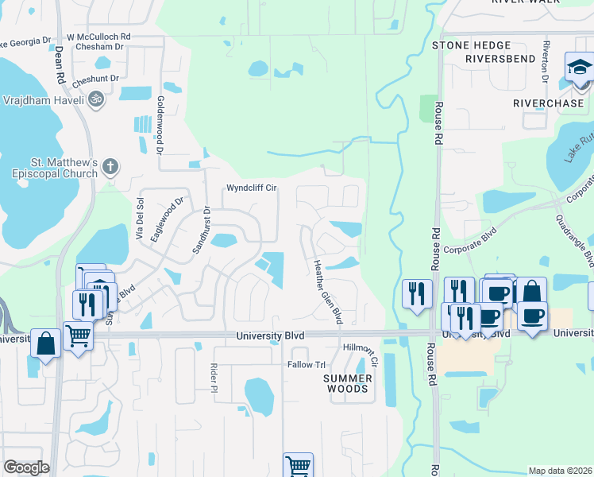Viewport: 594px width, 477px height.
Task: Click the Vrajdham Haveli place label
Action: click(x=42, y=101)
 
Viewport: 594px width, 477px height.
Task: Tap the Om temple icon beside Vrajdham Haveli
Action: click(x=97, y=100)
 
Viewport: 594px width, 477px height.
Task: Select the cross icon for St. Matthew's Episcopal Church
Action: click(x=110, y=167)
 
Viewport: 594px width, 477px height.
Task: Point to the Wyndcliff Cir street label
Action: click(x=251, y=188)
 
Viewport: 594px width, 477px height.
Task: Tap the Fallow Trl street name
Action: click(x=307, y=365)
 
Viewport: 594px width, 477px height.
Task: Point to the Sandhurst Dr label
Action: click(x=200, y=231)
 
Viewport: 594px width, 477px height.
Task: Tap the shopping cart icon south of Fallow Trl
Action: click(x=298, y=466)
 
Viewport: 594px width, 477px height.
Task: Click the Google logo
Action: click(x=26, y=468)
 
